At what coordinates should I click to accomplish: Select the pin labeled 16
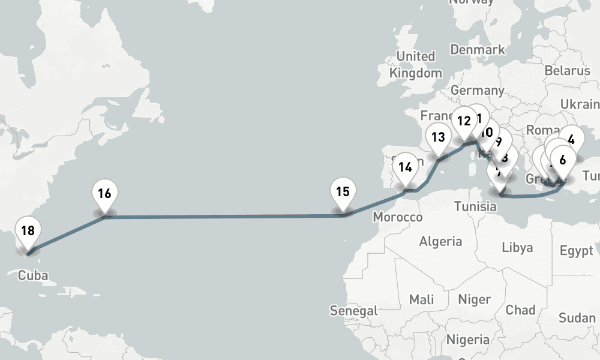click(105, 194)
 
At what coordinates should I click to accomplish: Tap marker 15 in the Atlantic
click(343, 193)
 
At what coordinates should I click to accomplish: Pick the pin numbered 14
click(406, 167)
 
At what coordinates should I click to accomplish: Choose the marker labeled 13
click(438, 137)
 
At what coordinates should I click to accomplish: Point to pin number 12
click(463, 121)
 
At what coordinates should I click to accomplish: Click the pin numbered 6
click(562, 160)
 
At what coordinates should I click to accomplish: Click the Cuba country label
click(33, 276)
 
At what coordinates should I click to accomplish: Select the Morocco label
click(397, 217)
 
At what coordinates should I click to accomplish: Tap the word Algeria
click(440, 241)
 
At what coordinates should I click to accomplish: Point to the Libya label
click(517, 247)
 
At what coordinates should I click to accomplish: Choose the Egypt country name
click(576, 251)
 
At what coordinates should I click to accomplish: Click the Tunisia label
click(475, 206)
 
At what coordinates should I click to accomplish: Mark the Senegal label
click(354, 311)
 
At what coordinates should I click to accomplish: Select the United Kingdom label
click(416, 64)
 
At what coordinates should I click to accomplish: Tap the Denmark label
click(478, 49)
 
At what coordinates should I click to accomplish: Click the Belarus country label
click(568, 71)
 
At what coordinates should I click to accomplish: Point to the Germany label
click(478, 91)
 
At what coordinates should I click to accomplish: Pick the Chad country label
click(520, 310)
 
